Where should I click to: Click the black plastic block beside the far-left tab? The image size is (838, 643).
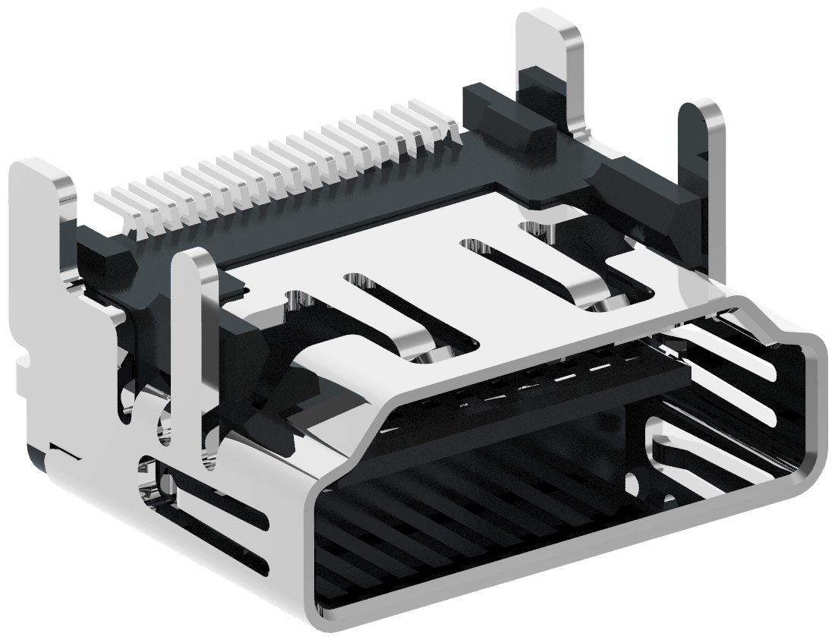pyautogui.click(x=102, y=258)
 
